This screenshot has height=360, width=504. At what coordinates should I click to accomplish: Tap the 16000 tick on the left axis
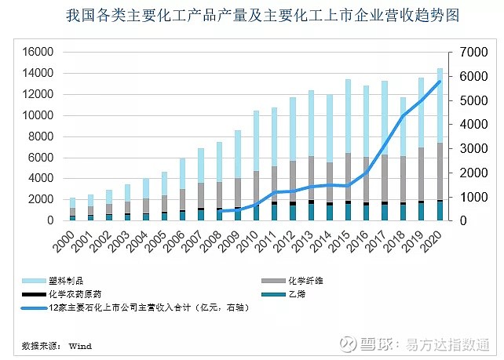click(x=37, y=52)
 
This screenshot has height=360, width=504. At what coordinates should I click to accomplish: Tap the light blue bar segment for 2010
click(x=256, y=141)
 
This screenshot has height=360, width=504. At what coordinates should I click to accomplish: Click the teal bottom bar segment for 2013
click(x=311, y=213)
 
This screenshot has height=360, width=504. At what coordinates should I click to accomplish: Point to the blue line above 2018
click(x=404, y=116)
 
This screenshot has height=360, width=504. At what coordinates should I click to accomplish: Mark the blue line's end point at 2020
click(x=440, y=81)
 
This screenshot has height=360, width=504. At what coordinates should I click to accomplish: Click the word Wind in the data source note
click(x=80, y=345)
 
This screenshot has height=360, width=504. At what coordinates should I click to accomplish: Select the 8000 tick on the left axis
click(x=40, y=136)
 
